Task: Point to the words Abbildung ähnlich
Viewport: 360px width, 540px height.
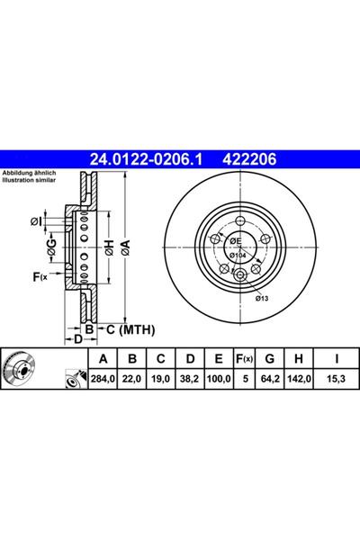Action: click(x=30, y=172)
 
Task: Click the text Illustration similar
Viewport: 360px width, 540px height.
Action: click(x=30, y=179)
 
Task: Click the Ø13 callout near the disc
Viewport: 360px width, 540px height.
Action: click(x=262, y=298)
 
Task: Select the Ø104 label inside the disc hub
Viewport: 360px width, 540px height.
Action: click(x=238, y=256)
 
